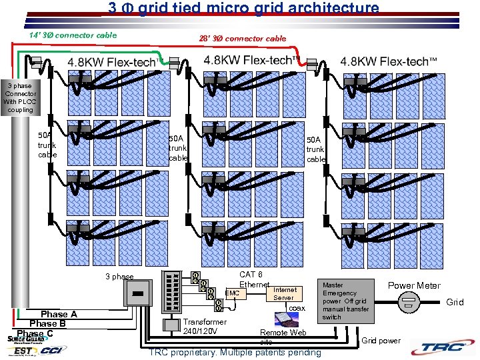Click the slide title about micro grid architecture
[x=243, y=9]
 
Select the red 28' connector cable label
[x=242, y=39]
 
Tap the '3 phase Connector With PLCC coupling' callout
[x=20, y=97]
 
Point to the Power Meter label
[x=414, y=285]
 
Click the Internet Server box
[x=285, y=293]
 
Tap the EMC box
[x=232, y=293]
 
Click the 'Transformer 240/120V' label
[x=205, y=326]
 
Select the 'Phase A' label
[x=59, y=314]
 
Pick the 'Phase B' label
[x=47, y=323]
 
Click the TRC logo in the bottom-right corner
[x=444, y=347]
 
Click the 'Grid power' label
[x=381, y=341]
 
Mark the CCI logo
[x=53, y=349]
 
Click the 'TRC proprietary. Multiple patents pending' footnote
[x=235, y=352]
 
